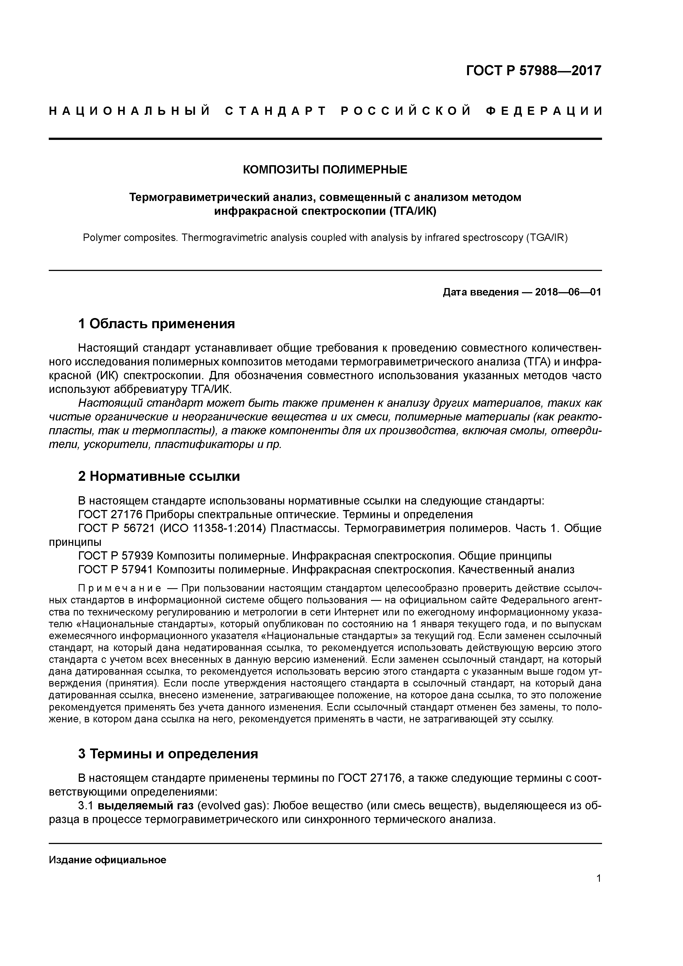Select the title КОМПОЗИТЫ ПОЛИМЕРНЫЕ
(325, 170)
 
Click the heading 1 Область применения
(156, 324)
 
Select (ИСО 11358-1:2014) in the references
(213, 528)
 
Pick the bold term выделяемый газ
(146, 806)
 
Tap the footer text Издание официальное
(108, 860)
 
